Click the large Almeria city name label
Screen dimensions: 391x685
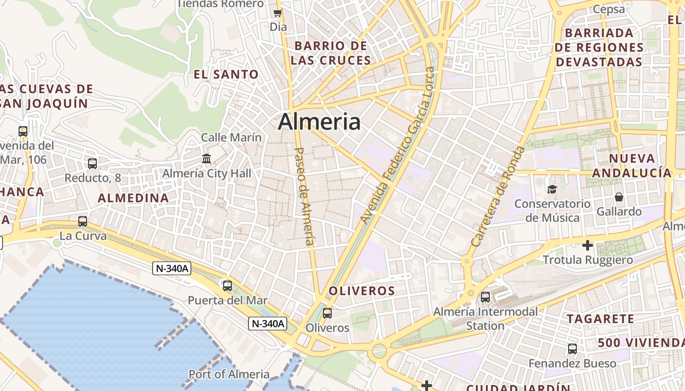(319, 122)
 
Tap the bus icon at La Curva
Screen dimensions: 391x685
(83, 221)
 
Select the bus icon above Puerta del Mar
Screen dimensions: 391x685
(228, 286)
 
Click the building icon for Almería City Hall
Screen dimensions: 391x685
(206, 159)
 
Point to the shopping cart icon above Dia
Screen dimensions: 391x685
(278, 13)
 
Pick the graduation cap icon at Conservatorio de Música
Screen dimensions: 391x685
(552, 189)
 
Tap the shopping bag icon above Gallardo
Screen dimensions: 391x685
(619, 197)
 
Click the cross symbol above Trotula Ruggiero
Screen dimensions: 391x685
(588, 245)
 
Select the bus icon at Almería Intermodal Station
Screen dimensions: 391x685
(485, 297)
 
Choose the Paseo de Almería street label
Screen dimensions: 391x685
(305, 196)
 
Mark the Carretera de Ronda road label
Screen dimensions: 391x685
(498, 196)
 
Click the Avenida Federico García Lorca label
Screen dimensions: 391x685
(397, 146)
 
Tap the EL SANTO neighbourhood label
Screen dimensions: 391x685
(226, 75)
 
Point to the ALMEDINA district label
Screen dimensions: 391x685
(133, 198)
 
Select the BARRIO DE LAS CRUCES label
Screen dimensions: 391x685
(331, 53)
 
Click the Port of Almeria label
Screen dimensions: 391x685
(229, 374)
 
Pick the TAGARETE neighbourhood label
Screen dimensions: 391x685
(600, 319)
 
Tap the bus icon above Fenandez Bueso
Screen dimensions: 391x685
(572, 349)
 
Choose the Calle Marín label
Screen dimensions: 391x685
(231, 137)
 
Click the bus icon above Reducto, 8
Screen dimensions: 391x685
(92, 164)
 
